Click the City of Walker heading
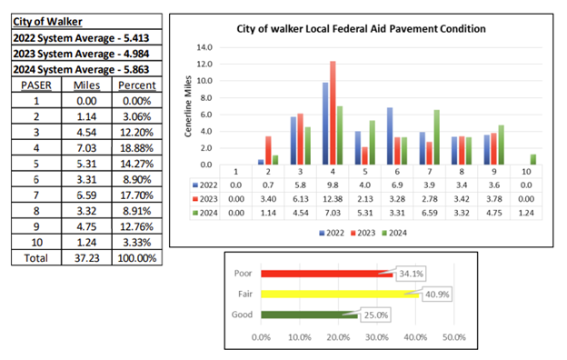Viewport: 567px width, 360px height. (x=47, y=20)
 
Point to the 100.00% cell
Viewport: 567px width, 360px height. (x=137, y=257)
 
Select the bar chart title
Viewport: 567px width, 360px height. (x=360, y=28)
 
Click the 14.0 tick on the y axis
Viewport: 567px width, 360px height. (x=204, y=47)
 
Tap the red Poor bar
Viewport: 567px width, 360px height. (x=327, y=272)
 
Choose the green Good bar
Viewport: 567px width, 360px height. (x=309, y=315)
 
